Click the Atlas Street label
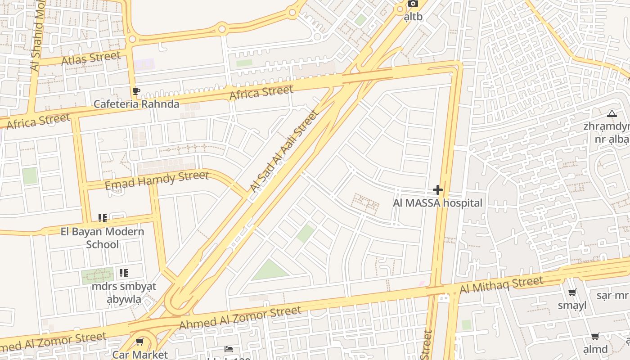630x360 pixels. coord(91,58)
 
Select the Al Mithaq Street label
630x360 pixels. coord(502,285)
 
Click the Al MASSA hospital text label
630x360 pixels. coord(437,203)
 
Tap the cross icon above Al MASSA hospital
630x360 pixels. coord(437,190)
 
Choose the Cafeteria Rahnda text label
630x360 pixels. coord(136,104)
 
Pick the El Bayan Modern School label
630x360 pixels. coord(103,238)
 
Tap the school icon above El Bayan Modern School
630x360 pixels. coord(103,218)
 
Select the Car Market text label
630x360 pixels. coord(140,355)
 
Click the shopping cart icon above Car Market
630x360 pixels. coord(140,342)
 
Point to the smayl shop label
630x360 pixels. coord(572,306)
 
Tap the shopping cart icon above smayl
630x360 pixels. coord(572,293)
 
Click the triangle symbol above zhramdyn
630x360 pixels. coord(612,113)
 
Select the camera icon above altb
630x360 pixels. coord(413,4)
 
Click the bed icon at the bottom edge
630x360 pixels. coord(229,349)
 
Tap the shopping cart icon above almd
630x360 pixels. coord(595,337)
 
